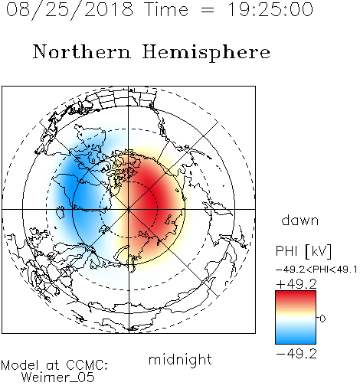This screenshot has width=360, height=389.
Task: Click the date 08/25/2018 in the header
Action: pyautogui.click(x=69, y=10)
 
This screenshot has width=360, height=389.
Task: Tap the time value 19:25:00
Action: pyautogui.click(x=270, y=10)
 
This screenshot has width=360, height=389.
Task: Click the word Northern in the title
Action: pyautogui.click(x=82, y=51)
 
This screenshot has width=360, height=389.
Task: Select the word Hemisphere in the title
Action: pyautogui.click(x=206, y=53)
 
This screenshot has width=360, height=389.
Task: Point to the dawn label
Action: pyautogui.click(x=300, y=220)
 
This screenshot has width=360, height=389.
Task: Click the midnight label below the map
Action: pyautogui.click(x=180, y=361)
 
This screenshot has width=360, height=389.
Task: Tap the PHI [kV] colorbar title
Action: pyautogui.click(x=303, y=251)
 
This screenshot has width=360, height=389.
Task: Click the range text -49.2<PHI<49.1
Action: pyautogui.click(x=316, y=270)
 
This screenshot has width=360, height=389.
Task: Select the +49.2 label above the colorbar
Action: pyautogui.click(x=296, y=284)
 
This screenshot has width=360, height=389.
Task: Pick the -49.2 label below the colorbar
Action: pyautogui.click(x=296, y=354)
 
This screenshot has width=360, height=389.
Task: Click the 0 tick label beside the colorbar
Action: pyautogui.click(x=322, y=319)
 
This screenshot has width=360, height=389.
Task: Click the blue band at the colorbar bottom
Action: pyautogui.click(x=296, y=338)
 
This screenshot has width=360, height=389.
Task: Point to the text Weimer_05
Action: pyautogui.click(x=58, y=378)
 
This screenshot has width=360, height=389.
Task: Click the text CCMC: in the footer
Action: pyautogui.click(x=87, y=365)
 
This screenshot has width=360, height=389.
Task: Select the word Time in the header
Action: pyautogui.click(x=166, y=10)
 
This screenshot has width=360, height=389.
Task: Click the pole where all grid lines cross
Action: pyautogui.click(x=129, y=209)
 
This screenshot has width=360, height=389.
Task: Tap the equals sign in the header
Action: pyautogui.click(x=207, y=10)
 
